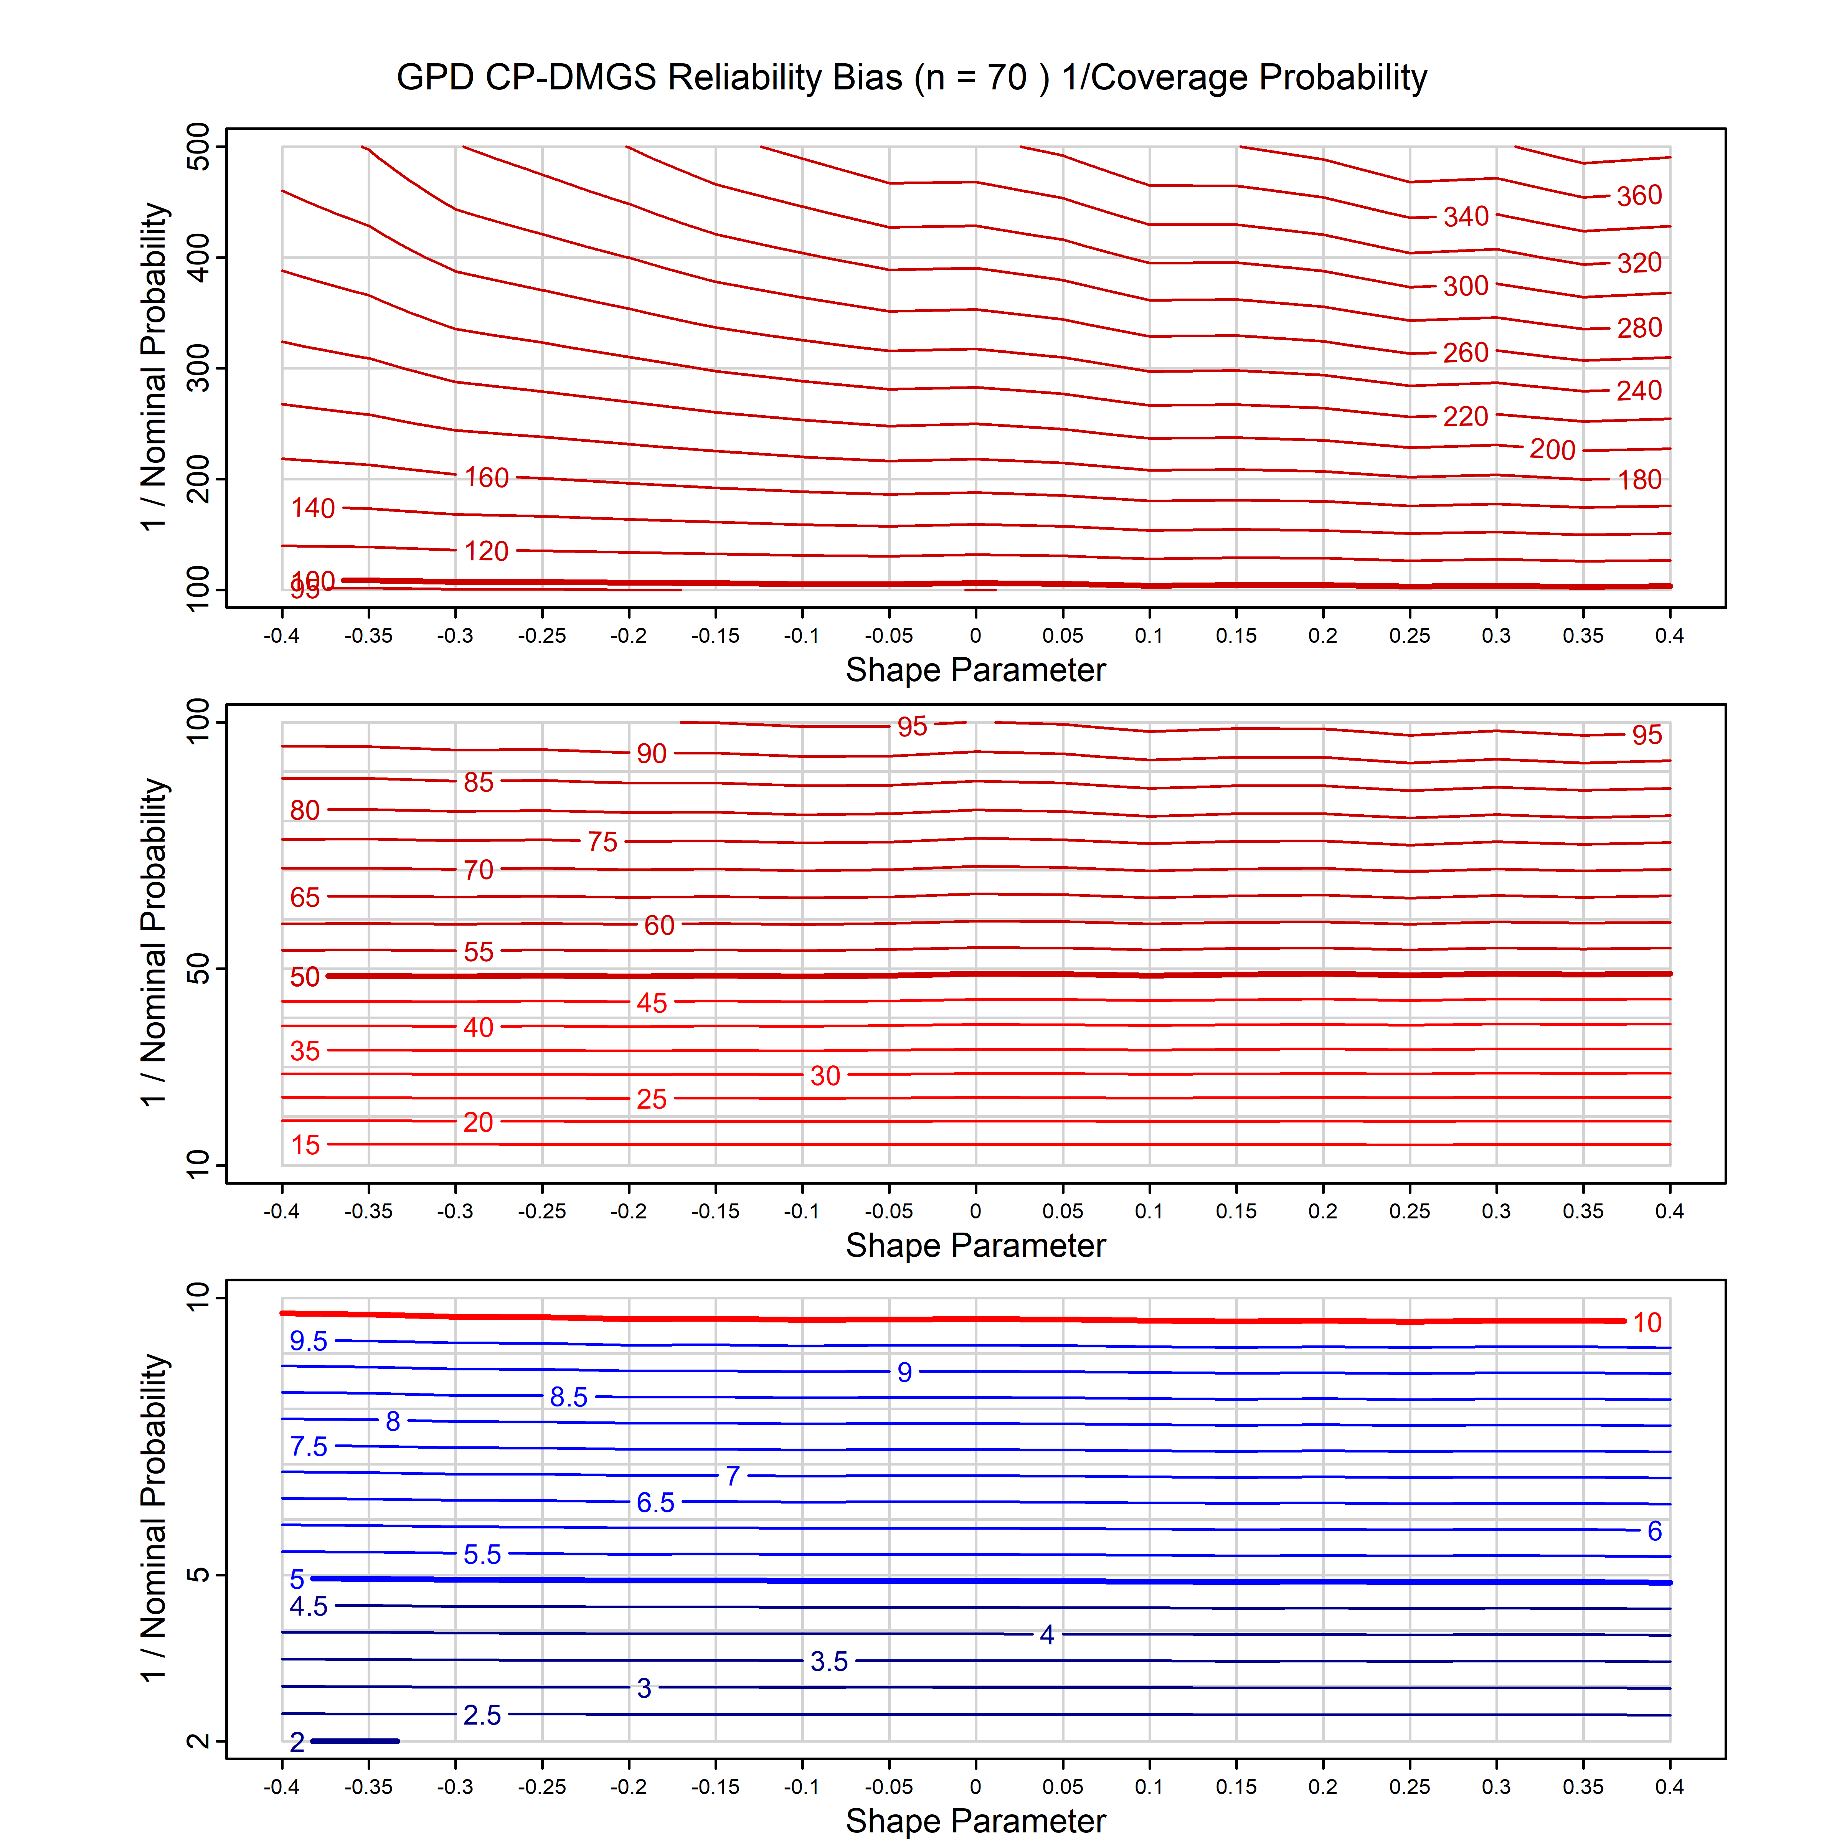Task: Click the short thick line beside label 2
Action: pyautogui.click(x=356, y=1741)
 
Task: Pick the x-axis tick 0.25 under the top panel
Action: pyautogui.click(x=1409, y=636)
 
